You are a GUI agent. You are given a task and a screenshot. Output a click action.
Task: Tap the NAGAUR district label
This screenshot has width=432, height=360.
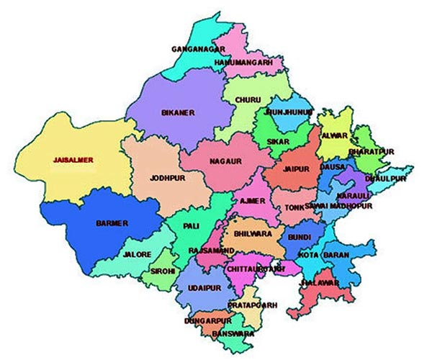coord(225,162)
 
